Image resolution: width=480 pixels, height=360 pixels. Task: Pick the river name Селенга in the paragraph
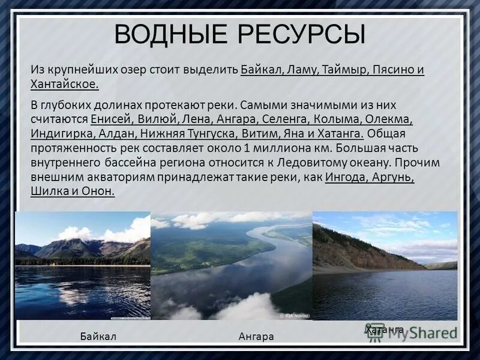(x=297, y=119)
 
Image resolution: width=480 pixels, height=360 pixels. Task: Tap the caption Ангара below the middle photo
(x=256, y=337)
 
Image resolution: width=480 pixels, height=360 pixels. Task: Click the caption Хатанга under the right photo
(x=384, y=329)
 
